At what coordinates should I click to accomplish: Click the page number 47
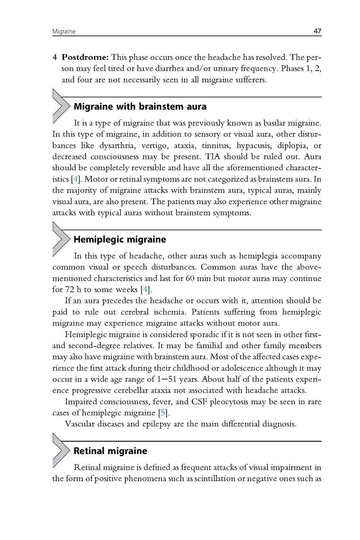[x=317, y=32]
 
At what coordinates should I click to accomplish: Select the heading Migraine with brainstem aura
[x=140, y=106]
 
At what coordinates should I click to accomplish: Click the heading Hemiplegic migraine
[x=119, y=239]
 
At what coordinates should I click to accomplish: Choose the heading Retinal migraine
[x=110, y=451]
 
